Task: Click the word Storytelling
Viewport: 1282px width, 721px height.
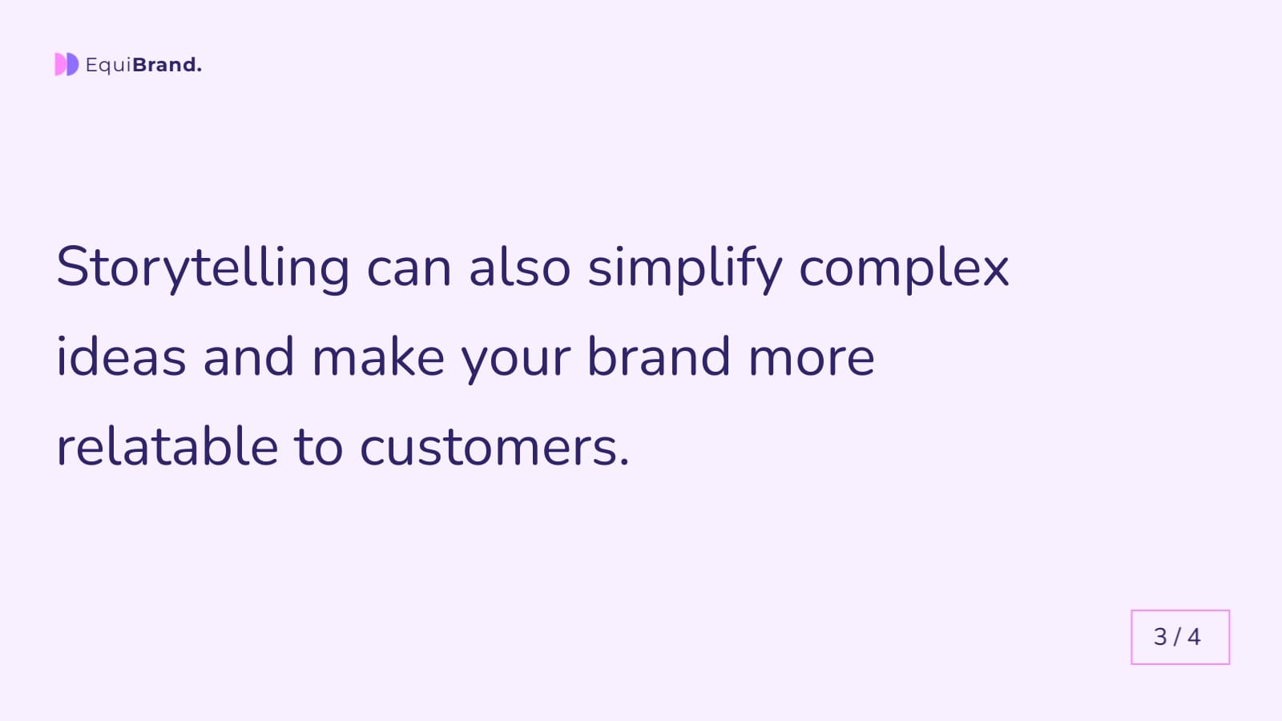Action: coord(203,268)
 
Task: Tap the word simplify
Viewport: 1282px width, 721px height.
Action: coord(685,268)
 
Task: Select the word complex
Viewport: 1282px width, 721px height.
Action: coord(904,268)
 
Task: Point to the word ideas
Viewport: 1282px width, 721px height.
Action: coord(121,357)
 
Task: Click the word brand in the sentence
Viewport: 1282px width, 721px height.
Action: coord(659,357)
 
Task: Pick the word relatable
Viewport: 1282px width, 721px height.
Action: coord(167,447)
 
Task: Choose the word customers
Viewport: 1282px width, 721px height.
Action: coord(494,447)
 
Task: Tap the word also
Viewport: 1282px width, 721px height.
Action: coord(519,268)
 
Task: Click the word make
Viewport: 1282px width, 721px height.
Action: coord(377,357)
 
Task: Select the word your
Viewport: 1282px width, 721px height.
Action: coord(516,357)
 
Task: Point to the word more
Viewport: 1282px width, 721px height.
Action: coord(811,357)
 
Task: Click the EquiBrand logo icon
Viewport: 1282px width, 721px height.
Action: coord(67,64)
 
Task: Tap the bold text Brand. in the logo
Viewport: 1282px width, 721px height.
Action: coord(167,65)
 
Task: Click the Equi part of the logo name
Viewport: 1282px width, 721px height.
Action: coord(108,65)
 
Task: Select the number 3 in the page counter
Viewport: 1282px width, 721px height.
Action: coord(1160,637)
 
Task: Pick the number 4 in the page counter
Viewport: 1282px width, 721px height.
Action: coord(1194,637)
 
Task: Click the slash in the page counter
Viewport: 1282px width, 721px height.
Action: coord(1177,637)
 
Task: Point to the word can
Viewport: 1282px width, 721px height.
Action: coord(409,268)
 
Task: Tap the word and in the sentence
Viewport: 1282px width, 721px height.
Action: coord(248,357)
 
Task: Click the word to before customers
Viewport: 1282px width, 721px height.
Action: coord(319,447)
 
